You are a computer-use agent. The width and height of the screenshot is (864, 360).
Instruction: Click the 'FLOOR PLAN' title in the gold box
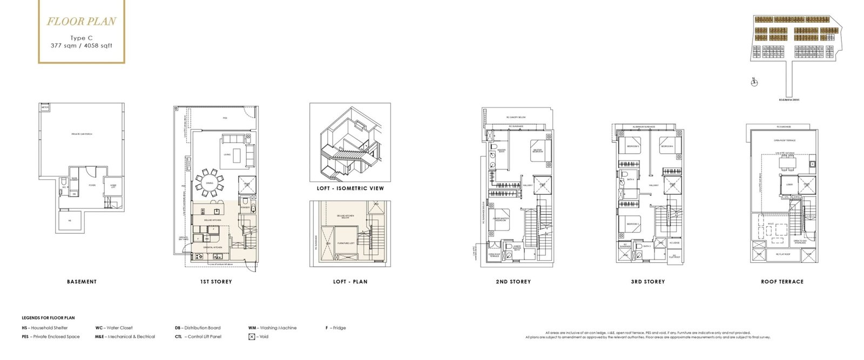81,22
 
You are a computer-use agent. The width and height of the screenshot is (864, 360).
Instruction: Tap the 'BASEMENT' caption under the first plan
82,282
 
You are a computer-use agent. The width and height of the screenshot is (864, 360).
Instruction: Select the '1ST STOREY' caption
215,282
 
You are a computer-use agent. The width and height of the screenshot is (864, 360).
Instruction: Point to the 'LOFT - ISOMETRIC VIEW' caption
350,188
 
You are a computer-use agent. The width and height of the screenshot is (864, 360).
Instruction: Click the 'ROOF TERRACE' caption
782,282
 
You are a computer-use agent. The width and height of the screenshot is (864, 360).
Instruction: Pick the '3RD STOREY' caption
647,282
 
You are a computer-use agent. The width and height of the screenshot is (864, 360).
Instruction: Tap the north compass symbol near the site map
754,82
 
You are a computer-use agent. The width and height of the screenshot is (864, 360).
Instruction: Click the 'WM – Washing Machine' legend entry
272,328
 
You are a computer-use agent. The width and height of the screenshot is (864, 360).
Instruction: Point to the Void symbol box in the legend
252,337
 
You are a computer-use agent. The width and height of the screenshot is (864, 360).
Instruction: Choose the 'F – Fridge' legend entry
335,328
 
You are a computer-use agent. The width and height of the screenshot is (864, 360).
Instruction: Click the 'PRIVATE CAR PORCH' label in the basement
82,134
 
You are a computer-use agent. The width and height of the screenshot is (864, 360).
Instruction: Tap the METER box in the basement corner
45,108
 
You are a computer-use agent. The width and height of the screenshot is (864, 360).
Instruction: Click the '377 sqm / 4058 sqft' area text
81,46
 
